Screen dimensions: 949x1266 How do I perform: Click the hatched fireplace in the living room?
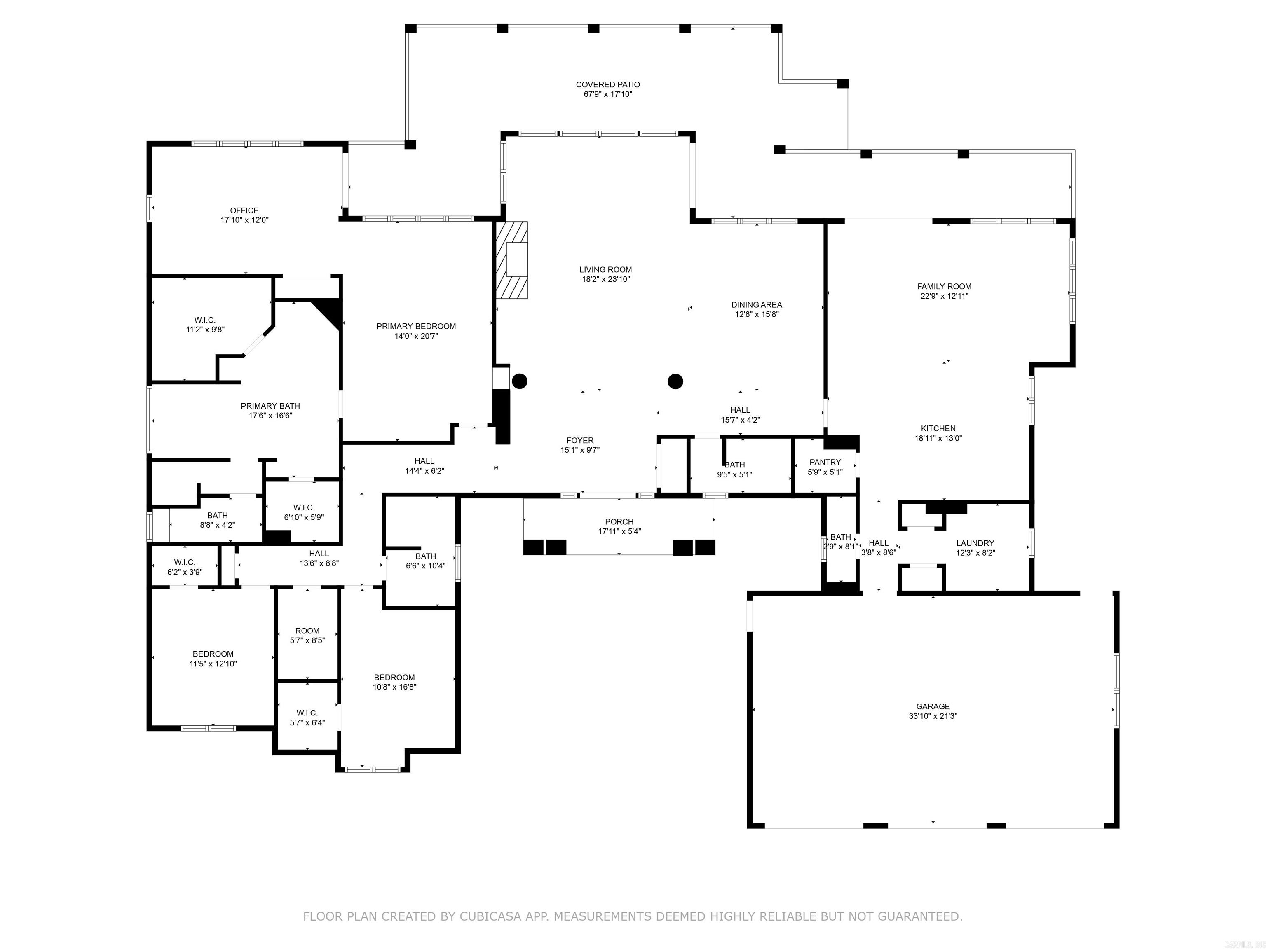click(x=512, y=260)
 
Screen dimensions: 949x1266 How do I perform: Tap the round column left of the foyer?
click(x=519, y=381)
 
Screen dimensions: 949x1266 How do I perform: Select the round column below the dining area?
click(x=676, y=381)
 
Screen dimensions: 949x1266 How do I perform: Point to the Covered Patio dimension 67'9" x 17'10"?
click(x=608, y=94)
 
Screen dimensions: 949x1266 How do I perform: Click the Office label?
click(x=244, y=210)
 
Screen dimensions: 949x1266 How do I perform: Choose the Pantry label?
click(x=825, y=462)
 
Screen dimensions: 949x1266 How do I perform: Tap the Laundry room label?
click(x=975, y=543)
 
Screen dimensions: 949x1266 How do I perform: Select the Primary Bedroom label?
click(x=416, y=326)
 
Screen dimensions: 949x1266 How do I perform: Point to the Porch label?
click(x=619, y=522)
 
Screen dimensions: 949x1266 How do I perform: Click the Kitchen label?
click(x=938, y=428)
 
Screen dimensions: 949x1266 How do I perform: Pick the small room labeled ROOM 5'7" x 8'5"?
click(x=307, y=636)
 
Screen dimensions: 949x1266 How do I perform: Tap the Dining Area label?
click(x=757, y=305)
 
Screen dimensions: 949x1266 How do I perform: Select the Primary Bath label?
click(x=270, y=406)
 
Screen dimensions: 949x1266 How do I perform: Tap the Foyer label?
click(x=580, y=440)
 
